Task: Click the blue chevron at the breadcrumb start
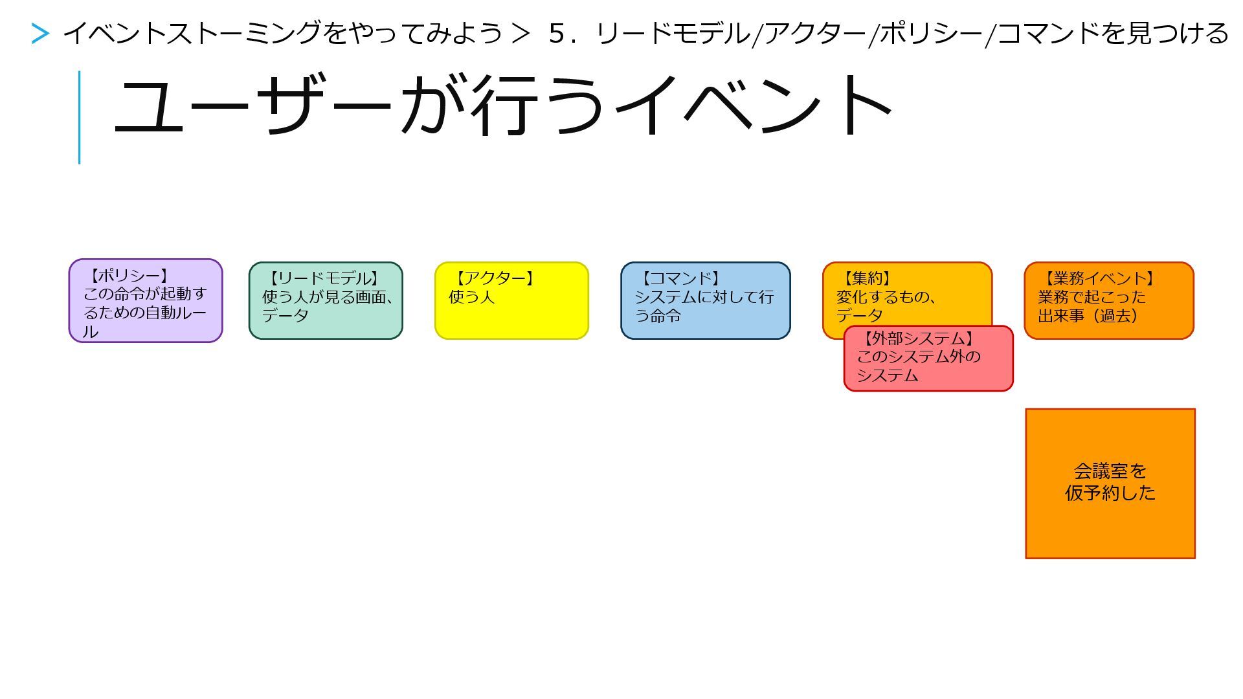click(40, 34)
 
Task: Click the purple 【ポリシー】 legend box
click(146, 301)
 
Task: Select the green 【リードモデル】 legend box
click(326, 300)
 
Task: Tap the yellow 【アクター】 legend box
click(511, 300)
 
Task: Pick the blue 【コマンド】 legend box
click(705, 300)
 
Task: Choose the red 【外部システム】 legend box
click(928, 359)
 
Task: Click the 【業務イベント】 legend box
click(1108, 300)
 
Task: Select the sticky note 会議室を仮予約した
click(1110, 483)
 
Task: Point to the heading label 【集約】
click(866, 278)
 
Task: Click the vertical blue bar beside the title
click(79, 117)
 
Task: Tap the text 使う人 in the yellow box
click(471, 297)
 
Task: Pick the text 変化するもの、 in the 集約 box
click(886, 297)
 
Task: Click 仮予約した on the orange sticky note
click(1110, 493)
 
